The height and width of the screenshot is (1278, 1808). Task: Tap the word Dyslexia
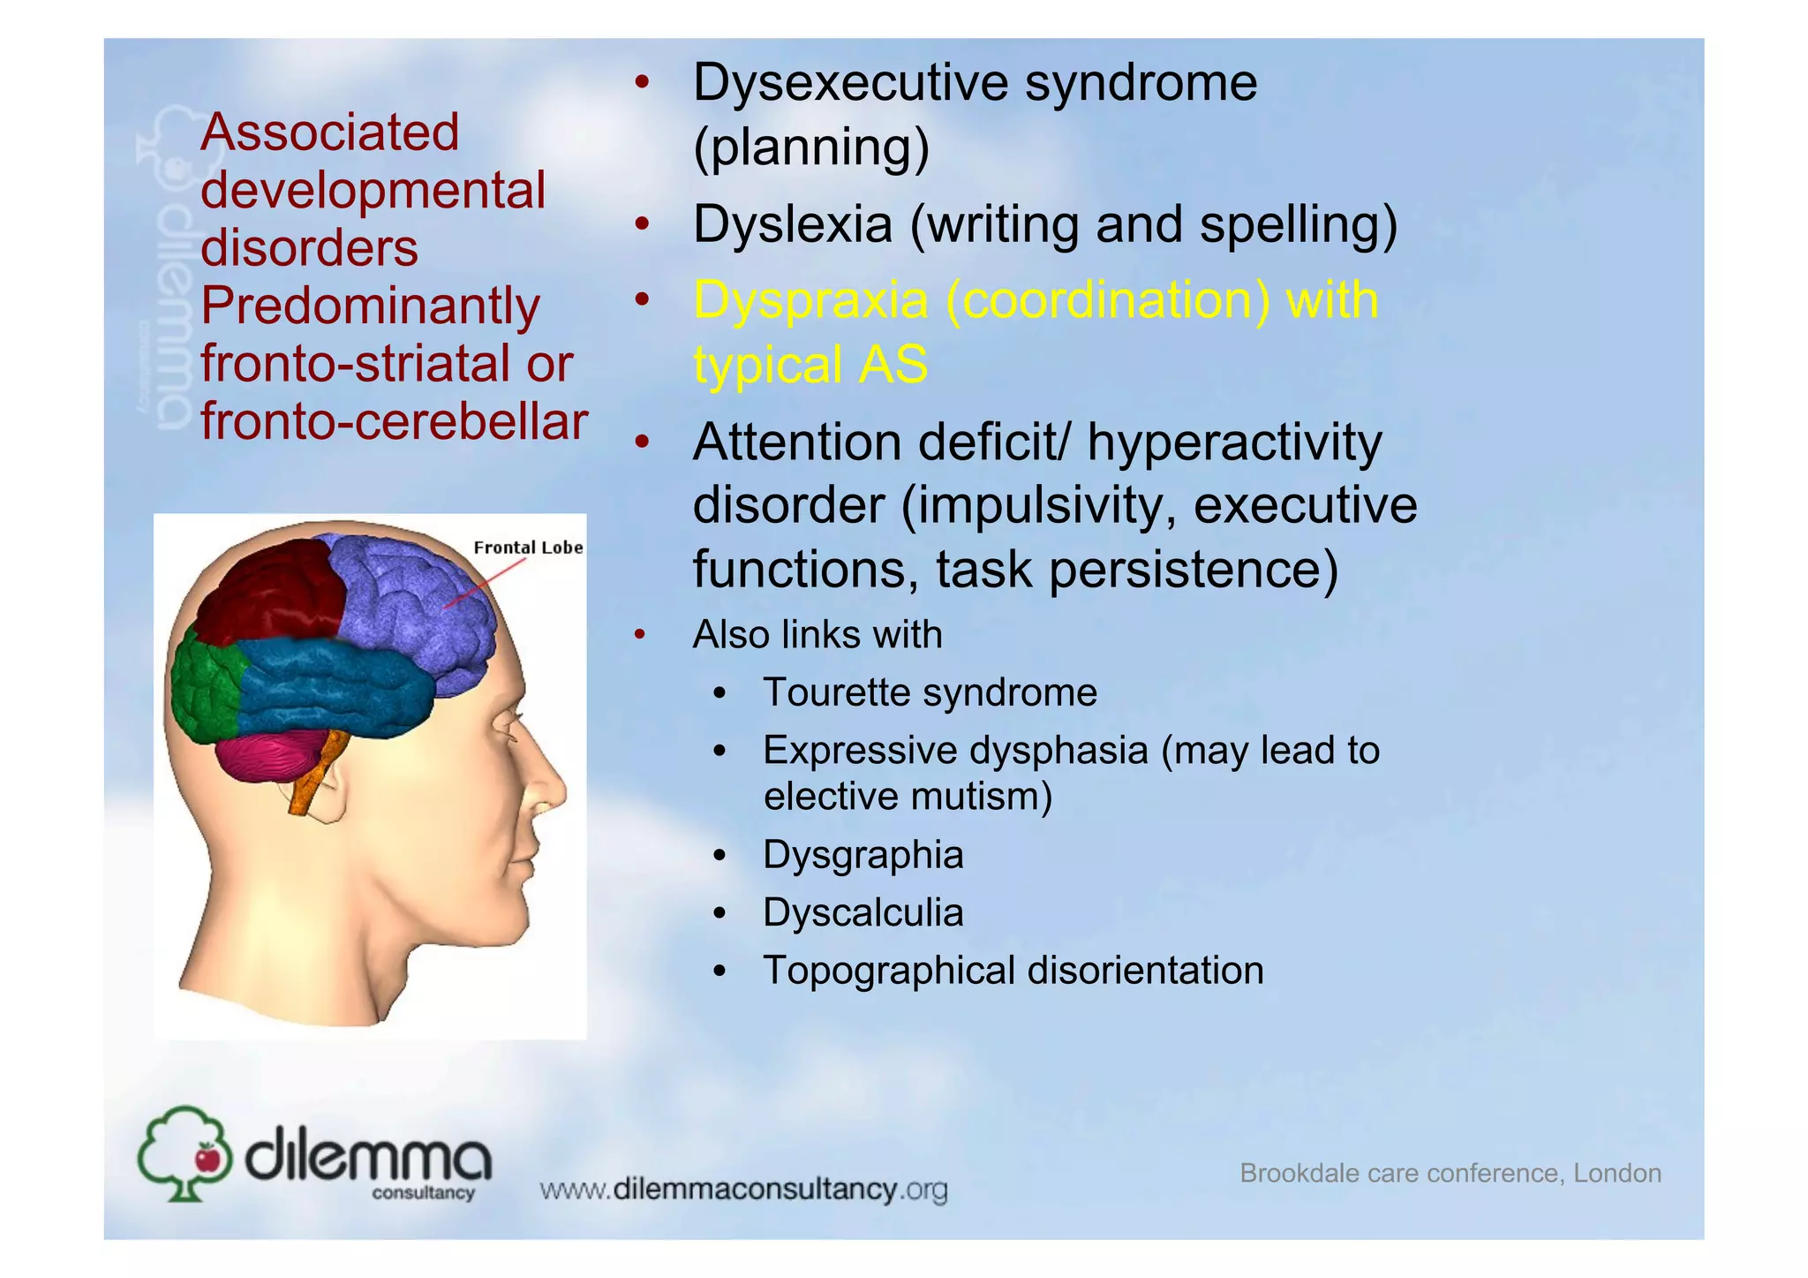[792, 224]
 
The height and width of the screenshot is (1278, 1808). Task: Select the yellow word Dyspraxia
[810, 300]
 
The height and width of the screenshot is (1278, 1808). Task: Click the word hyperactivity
[1234, 442]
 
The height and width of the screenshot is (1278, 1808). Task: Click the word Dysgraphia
[863, 855]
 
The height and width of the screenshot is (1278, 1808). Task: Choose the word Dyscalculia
[863, 912]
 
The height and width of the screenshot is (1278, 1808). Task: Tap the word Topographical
[889, 971]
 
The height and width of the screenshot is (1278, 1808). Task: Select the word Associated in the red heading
[329, 132]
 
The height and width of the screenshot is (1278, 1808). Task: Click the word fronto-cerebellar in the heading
[394, 421]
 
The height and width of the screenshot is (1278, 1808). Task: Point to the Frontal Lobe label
[528, 548]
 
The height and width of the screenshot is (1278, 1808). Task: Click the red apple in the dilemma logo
[207, 1157]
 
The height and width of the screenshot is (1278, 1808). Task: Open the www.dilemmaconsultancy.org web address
[743, 1190]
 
